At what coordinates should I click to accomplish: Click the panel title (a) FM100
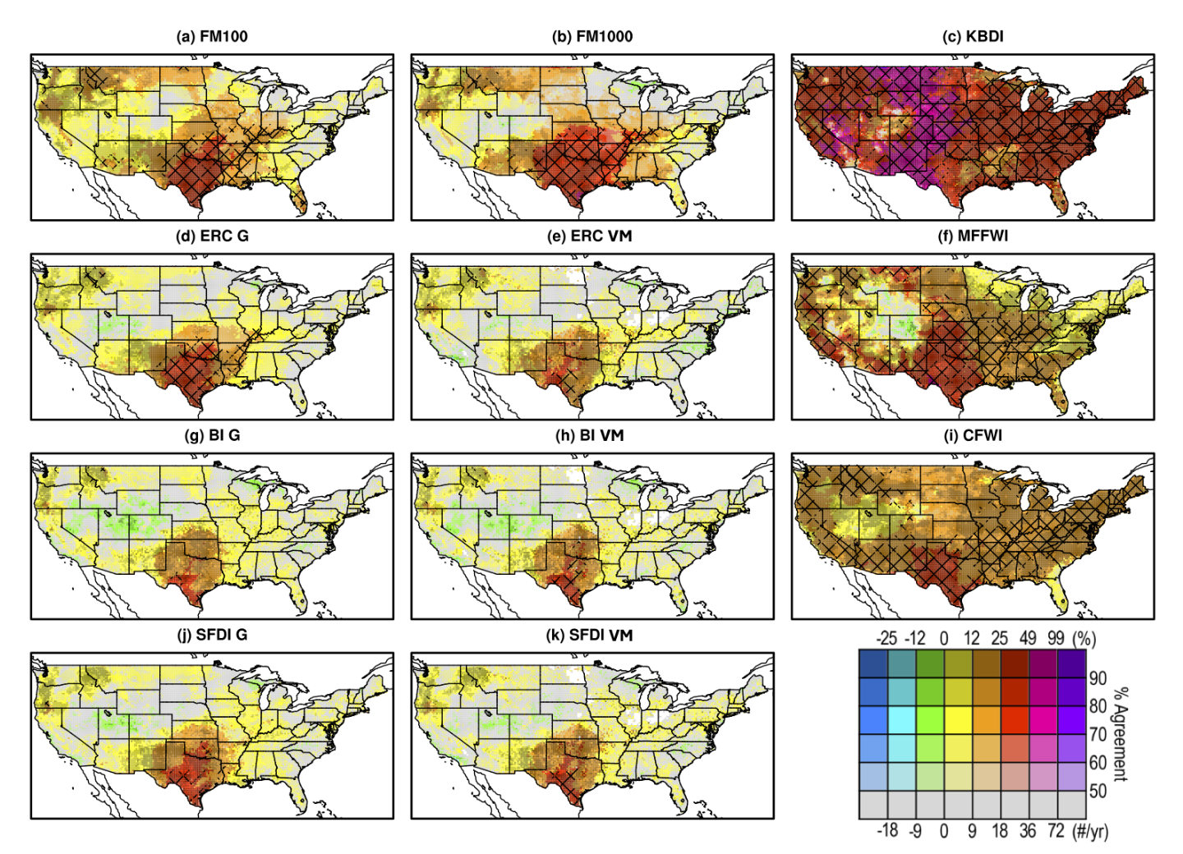212,36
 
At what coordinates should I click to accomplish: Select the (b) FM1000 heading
591,36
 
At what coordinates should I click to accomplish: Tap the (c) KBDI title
973,36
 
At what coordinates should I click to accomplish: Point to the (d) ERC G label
212,236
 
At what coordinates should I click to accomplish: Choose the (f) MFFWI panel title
973,236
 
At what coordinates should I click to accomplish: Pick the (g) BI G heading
212,435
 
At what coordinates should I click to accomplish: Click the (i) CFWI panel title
973,435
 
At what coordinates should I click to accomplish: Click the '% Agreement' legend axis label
1120,734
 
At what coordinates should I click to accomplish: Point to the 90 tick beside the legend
1098,678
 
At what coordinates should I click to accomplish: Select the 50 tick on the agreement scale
1098,791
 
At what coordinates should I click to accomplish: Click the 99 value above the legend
1056,638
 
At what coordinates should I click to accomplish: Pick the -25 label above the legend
886,638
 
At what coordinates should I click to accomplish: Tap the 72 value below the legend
1056,831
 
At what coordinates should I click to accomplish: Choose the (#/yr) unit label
1090,831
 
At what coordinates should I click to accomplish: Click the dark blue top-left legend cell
872,663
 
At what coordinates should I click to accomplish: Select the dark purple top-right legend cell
1072,663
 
